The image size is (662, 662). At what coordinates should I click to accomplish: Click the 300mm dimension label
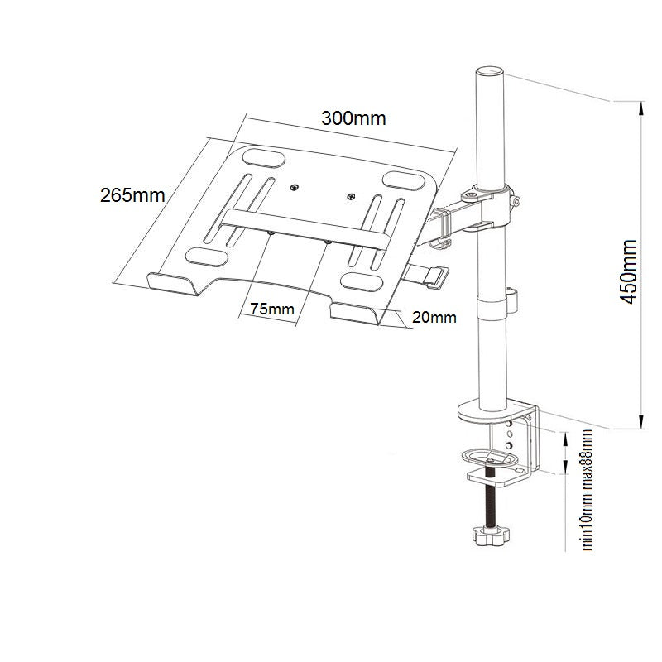coord(353,118)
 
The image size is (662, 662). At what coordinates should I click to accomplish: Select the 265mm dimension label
coord(132,196)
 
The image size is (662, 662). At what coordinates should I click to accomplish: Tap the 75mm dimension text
coord(272,309)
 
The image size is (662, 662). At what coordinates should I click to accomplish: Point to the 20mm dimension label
coord(433,317)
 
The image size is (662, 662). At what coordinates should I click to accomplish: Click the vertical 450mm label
coord(629,272)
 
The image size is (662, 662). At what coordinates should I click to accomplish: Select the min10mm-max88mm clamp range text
coord(588,489)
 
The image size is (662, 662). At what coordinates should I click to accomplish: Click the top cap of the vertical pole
coord(489,70)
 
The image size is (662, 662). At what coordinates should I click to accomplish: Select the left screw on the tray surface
coord(295,188)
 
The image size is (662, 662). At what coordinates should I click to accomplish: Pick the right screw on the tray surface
coord(351,197)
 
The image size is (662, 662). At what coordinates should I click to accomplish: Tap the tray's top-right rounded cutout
coord(401,180)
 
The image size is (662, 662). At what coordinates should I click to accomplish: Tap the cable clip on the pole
coord(512,295)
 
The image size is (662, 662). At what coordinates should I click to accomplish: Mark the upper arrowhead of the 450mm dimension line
coord(641,106)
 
